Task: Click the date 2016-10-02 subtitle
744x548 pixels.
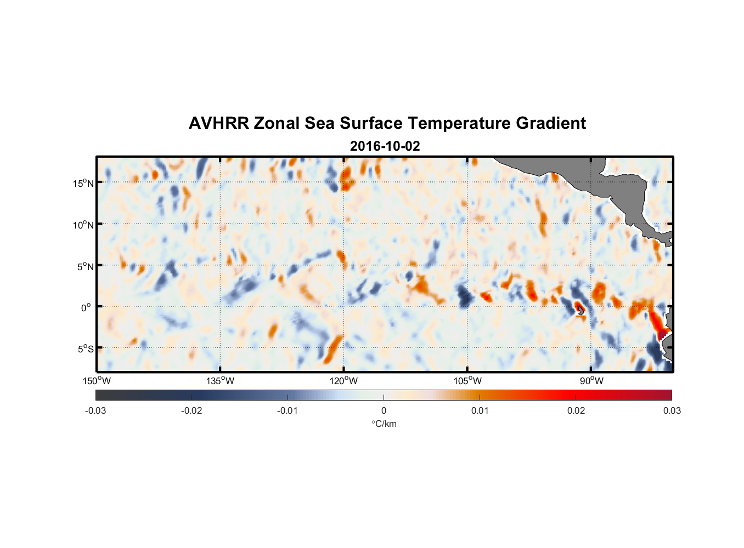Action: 385,146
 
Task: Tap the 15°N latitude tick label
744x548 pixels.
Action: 83,183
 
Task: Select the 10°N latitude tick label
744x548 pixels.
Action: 83,225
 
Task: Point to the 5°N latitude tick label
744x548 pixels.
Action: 85,266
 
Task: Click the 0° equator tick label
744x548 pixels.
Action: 86,307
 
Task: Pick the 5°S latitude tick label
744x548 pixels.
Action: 85,349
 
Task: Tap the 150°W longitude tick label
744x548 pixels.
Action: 97,381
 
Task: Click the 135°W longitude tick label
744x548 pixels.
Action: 221,381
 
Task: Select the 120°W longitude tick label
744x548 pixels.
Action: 344,381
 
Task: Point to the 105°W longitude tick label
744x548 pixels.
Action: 467,381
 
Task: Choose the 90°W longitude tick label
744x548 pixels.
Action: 591,381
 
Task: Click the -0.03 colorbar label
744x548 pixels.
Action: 95,410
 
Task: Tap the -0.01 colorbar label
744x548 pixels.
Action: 288,410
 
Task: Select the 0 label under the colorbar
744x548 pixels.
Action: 384,410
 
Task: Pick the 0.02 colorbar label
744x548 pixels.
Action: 576,410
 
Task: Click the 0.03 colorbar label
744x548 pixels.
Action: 672,410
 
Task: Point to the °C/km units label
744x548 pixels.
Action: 384,424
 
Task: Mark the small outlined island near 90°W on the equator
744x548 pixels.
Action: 580,310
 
